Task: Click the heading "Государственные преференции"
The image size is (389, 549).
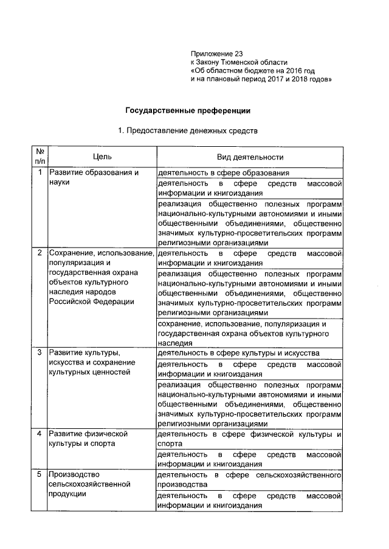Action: click(188, 111)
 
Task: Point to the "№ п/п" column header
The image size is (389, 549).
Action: click(39, 157)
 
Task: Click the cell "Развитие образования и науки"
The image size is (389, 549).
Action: click(94, 177)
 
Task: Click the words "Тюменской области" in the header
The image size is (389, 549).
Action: click(255, 62)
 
